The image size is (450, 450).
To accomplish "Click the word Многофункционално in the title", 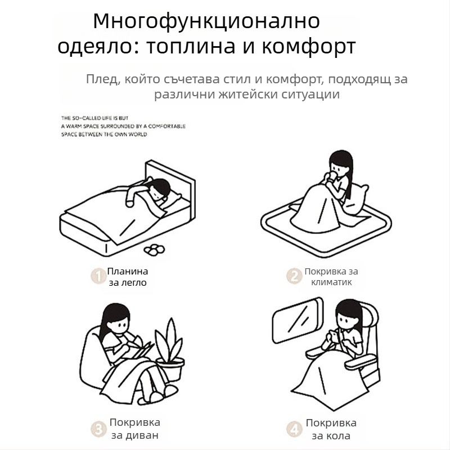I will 206,21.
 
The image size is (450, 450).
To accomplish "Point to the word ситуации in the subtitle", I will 310,94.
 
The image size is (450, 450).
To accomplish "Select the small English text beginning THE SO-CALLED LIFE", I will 123,127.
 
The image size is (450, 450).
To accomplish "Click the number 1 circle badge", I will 98,276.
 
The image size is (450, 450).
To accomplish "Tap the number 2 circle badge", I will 294,276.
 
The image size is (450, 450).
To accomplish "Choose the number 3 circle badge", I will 98,429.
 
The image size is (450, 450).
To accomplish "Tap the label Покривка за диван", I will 134,429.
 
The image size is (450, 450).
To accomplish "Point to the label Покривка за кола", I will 331,429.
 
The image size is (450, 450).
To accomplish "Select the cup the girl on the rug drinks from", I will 334,179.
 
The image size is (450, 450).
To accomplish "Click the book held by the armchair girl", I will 141,350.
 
